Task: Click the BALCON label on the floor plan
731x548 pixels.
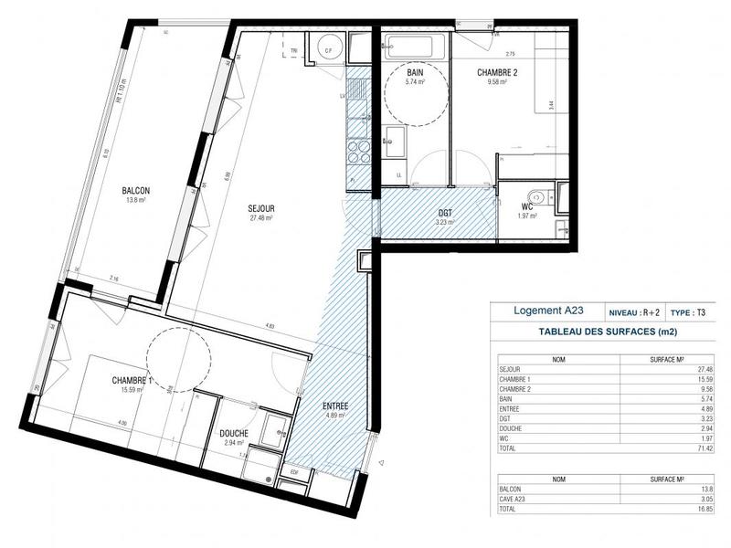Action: tap(136, 190)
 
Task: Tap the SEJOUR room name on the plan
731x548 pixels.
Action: tap(261, 208)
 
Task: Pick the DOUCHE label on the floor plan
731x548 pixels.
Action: tap(235, 434)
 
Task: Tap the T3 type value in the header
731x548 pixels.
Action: tap(700, 311)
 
